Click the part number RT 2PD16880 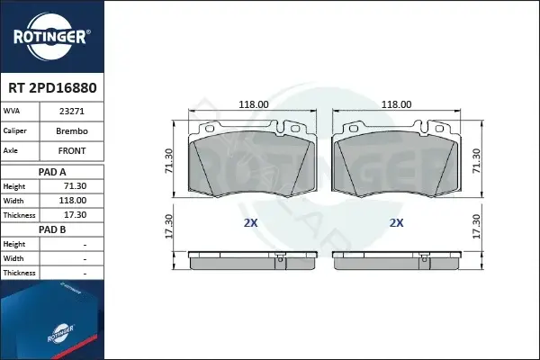(x=52, y=88)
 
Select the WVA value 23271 (x=72, y=112)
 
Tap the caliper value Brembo (x=72, y=131)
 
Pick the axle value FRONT (x=72, y=151)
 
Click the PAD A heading (x=52, y=172)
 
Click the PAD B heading (x=52, y=229)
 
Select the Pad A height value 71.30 (x=75, y=186)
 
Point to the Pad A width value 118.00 (x=73, y=201)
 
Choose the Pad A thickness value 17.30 (x=75, y=215)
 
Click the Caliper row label (x=14, y=130)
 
